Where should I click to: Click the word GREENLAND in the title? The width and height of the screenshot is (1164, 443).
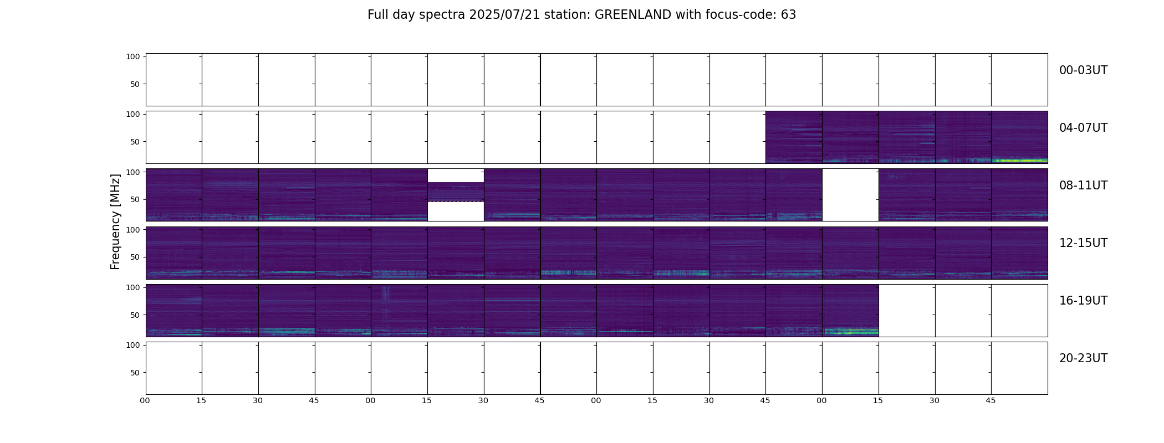click(633, 15)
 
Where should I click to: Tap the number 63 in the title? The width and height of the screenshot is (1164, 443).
click(789, 15)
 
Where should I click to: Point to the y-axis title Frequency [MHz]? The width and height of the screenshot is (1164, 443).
click(115, 221)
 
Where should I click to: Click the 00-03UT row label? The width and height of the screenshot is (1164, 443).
click(1083, 70)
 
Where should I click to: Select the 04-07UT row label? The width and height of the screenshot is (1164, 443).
click(1083, 128)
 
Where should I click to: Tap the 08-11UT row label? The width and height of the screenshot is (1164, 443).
click(1083, 186)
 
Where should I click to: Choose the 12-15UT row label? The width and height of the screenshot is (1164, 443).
click(1083, 243)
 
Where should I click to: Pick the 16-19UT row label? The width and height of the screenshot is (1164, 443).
click(1083, 301)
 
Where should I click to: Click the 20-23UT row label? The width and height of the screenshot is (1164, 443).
click(1083, 358)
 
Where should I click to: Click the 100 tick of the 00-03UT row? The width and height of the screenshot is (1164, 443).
click(132, 56)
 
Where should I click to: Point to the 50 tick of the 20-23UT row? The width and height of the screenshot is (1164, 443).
click(135, 373)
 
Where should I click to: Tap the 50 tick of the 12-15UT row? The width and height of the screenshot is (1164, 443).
click(135, 257)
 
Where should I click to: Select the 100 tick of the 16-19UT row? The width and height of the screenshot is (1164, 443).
click(132, 287)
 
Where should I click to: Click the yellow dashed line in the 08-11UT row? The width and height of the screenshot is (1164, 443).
click(456, 202)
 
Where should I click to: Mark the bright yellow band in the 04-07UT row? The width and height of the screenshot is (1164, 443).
click(1019, 161)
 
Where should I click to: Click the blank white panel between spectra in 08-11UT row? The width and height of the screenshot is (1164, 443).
click(850, 195)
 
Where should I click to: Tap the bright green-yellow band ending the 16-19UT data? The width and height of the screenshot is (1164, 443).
click(851, 332)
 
